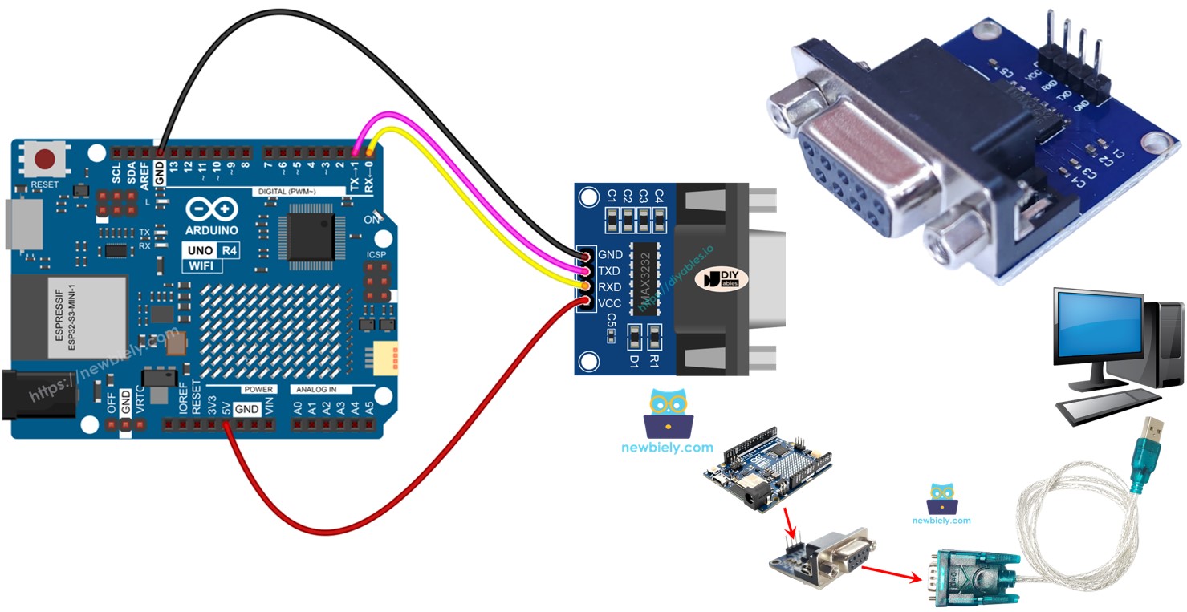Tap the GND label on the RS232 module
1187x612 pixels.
(x=610, y=255)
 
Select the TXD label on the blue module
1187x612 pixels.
(x=610, y=271)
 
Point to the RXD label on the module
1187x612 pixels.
(x=610, y=286)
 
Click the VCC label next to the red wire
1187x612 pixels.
(x=610, y=302)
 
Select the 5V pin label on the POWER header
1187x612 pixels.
(x=227, y=408)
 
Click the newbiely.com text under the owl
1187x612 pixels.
(x=667, y=448)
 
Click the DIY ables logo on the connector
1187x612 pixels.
(x=720, y=280)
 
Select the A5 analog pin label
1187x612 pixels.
(x=369, y=408)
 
